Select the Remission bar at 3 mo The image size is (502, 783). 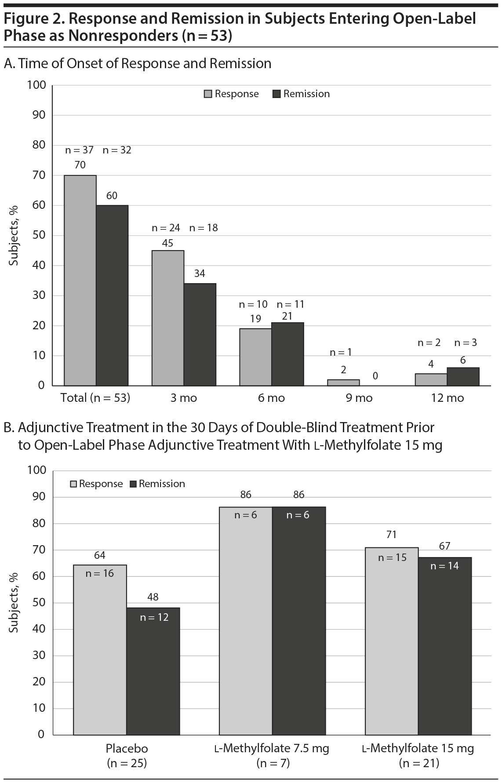click(200, 335)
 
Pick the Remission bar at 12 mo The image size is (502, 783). click(463, 377)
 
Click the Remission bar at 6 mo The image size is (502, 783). click(287, 354)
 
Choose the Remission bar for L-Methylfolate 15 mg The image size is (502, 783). click(444, 646)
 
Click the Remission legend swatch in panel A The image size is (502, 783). click(277, 94)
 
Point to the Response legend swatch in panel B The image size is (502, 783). click(73, 484)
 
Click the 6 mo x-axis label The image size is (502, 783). click(271, 398)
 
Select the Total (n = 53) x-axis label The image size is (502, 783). click(95, 398)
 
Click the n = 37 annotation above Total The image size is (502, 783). click(79, 150)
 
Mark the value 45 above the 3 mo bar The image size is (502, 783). click(167, 243)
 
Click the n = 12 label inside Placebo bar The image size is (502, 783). click(154, 617)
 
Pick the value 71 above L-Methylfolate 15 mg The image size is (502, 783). click(391, 535)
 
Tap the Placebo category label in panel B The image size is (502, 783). click(127, 748)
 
